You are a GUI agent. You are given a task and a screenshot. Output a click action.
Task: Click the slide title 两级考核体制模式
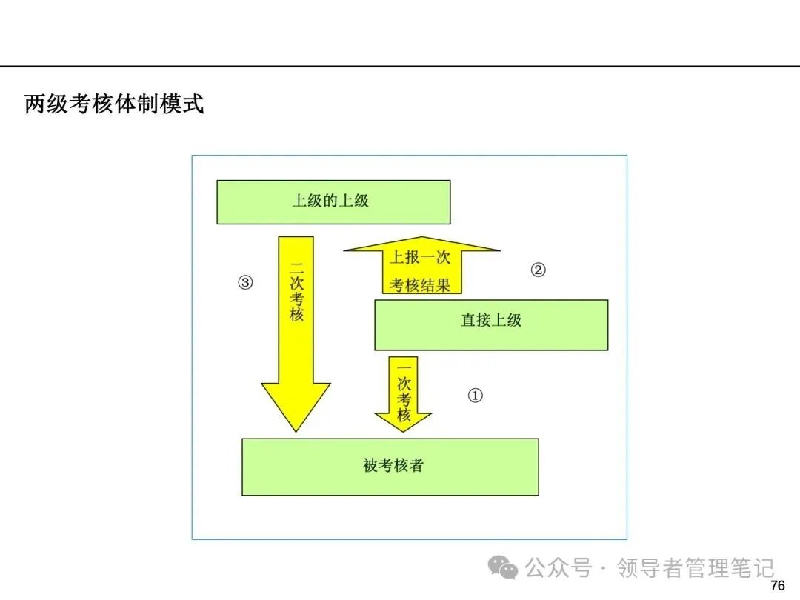pyautogui.click(x=114, y=104)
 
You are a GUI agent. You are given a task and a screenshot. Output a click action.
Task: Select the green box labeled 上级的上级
pyautogui.click(x=333, y=202)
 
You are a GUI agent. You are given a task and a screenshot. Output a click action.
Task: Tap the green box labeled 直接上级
pyautogui.click(x=491, y=325)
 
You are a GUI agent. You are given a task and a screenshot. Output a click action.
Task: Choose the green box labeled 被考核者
pyautogui.click(x=390, y=467)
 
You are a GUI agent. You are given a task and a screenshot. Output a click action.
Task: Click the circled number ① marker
pyautogui.click(x=475, y=396)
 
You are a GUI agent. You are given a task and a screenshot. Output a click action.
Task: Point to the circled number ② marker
pyautogui.click(x=539, y=270)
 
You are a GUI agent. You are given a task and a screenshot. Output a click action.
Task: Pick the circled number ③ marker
pyautogui.click(x=245, y=282)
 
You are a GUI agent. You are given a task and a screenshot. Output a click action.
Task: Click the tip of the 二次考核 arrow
pyautogui.click(x=296, y=432)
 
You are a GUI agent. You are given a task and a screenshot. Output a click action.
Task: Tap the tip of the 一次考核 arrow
pyautogui.click(x=403, y=432)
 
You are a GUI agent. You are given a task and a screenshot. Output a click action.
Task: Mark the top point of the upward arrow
pyautogui.click(x=422, y=237)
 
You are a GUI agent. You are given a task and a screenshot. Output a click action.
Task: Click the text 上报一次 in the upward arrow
pyautogui.click(x=420, y=257)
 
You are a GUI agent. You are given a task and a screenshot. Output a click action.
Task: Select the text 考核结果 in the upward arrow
pyautogui.click(x=420, y=285)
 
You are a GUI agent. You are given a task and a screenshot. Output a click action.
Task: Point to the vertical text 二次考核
pyautogui.click(x=296, y=292)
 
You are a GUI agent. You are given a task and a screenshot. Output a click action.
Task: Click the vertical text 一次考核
pyautogui.click(x=404, y=393)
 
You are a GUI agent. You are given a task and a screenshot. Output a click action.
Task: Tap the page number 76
pyautogui.click(x=778, y=585)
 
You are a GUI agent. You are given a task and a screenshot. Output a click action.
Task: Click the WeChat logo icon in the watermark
pyautogui.click(x=502, y=567)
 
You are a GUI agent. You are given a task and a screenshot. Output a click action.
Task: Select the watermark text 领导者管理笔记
pyautogui.click(x=696, y=568)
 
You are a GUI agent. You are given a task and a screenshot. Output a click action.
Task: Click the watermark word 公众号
pyautogui.click(x=559, y=568)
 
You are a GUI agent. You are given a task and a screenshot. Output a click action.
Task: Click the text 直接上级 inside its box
pyautogui.click(x=491, y=321)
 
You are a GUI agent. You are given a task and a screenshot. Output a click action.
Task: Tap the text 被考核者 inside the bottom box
pyautogui.click(x=393, y=465)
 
